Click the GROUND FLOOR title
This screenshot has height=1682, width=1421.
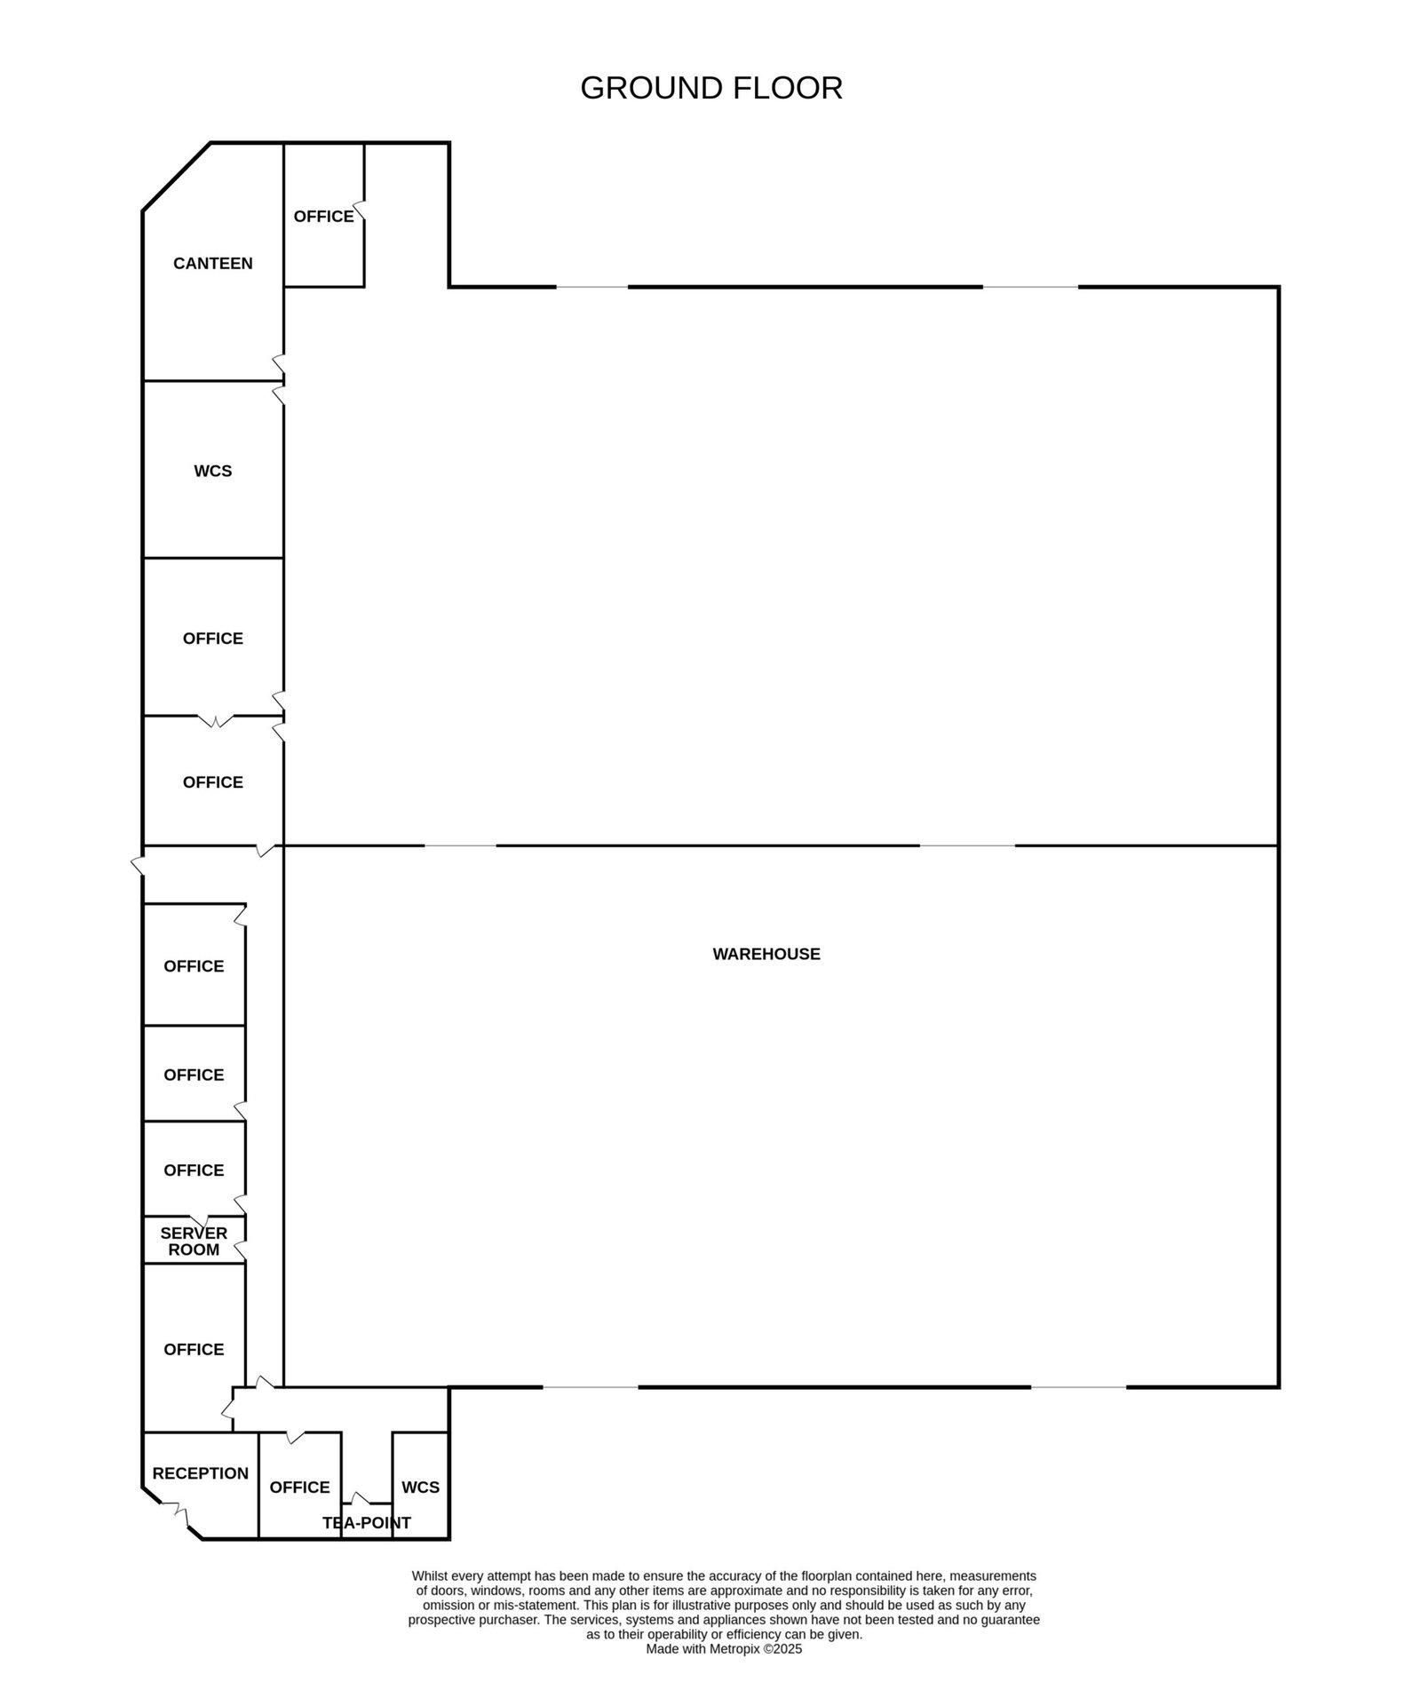pos(711,88)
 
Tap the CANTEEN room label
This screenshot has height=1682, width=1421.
pos(213,263)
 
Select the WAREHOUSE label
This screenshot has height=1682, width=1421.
pos(766,954)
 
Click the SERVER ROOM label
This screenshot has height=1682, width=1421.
pos(194,1242)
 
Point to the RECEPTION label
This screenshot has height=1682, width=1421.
pos(201,1473)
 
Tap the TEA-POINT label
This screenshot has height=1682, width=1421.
pos(367,1523)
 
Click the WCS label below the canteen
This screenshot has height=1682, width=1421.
pos(213,471)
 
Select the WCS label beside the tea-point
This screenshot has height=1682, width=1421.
pos(421,1488)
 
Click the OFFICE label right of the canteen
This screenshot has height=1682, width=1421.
pos(324,217)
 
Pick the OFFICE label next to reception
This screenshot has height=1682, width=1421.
pos(300,1488)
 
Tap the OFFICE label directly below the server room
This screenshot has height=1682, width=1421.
pos(194,1350)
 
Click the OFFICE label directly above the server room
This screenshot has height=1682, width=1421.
pos(194,1170)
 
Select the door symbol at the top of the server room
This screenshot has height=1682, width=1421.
pos(197,1220)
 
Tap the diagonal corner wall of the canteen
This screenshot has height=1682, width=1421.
pos(177,177)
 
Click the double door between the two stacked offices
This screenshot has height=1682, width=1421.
pos(215,720)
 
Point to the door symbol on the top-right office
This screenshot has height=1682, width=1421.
pos(360,213)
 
